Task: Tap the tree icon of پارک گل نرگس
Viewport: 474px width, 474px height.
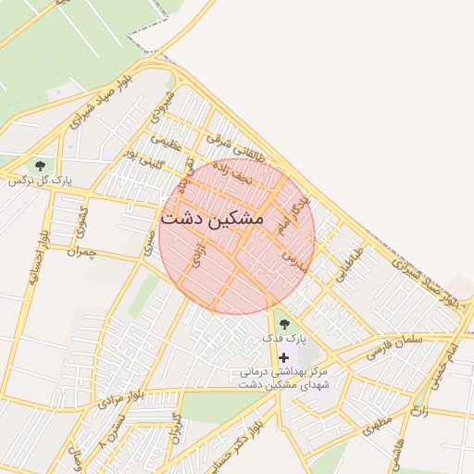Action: coord(40,166)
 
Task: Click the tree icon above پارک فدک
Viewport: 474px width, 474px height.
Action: coord(284,324)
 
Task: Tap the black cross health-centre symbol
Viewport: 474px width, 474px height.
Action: coord(284,357)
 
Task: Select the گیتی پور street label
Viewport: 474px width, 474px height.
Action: coord(145,162)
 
